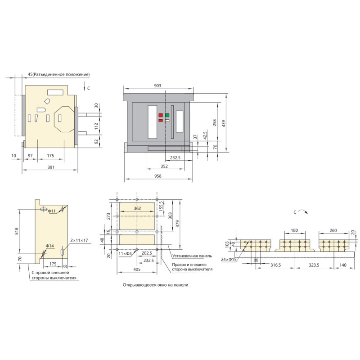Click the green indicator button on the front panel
[167, 115]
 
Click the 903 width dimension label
[157, 85]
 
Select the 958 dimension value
[158, 176]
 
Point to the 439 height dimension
[224, 124]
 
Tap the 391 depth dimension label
[51, 167]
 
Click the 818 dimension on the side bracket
[16, 231]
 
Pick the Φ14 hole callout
[50, 246]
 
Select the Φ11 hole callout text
[52, 211]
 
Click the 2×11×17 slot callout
[79, 240]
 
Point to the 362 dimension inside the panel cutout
[137, 208]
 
